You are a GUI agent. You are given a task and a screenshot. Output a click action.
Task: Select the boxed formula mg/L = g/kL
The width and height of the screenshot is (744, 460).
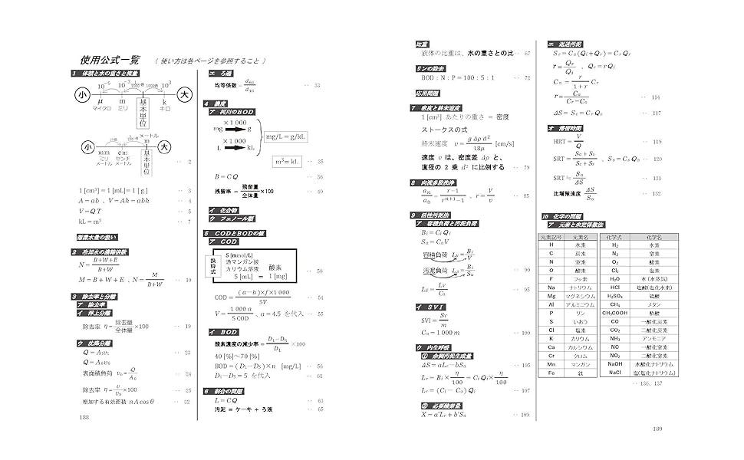(x=286, y=136)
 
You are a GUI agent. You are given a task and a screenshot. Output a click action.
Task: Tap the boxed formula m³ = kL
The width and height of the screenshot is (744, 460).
(x=289, y=161)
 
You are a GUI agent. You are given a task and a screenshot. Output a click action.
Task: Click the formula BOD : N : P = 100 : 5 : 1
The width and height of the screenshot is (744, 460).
(x=458, y=77)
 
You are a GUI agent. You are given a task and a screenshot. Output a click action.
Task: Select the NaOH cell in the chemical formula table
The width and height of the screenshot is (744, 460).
(x=615, y=363)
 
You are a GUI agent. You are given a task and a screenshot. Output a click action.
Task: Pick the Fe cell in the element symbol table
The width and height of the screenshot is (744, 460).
(x=551, y=373)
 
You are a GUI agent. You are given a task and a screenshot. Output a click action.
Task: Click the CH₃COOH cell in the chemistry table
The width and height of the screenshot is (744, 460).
(x=615, y=313)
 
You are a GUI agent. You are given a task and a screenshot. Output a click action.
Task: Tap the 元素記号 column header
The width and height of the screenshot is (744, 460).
(x=551, y=237)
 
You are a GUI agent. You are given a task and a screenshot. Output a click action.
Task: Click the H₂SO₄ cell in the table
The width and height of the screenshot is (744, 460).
(x=615, y=295)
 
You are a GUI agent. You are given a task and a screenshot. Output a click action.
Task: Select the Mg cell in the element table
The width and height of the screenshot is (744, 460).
(x=551, y=295)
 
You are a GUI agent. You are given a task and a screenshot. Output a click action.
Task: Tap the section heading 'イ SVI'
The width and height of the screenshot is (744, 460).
(x=429, y=307)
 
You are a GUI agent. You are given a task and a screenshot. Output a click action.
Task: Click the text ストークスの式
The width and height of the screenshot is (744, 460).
(x=443, y=130)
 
